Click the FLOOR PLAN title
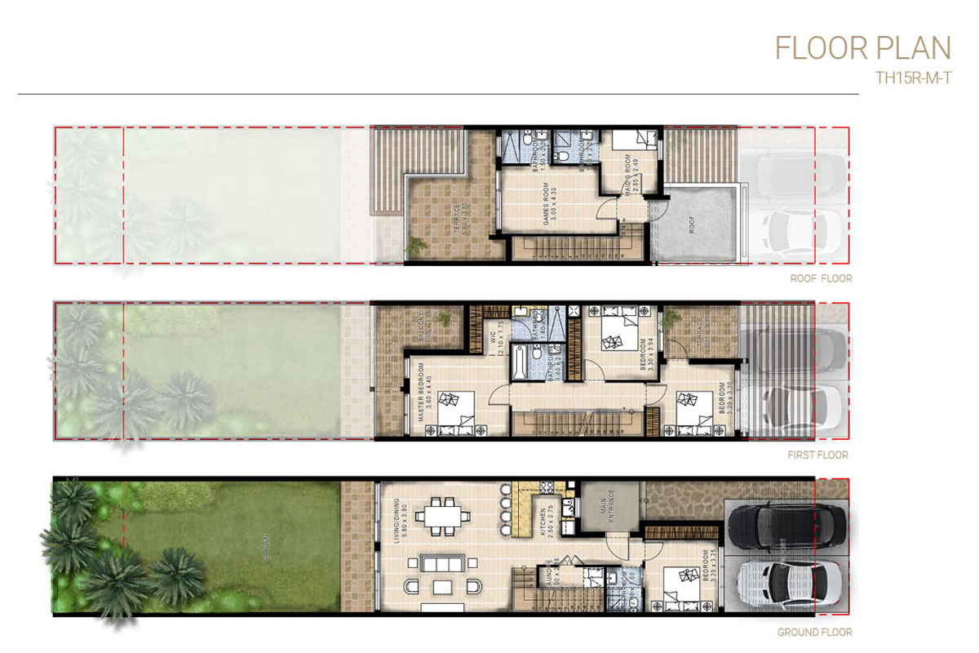[862, 48]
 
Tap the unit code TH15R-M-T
[912, 81]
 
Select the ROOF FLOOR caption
[821, 278]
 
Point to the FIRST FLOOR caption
[819, 455]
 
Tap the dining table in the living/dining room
[444, 516]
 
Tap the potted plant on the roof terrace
[417, 245]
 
